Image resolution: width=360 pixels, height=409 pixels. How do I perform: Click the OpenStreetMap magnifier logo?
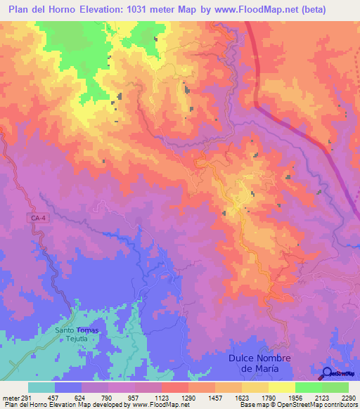[x=328, y=373]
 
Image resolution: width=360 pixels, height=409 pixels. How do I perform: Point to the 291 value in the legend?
[x=28, y=396]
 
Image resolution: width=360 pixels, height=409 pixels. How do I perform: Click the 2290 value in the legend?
[x=348, y=396]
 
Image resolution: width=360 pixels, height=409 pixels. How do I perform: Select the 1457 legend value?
[x=215, y=396]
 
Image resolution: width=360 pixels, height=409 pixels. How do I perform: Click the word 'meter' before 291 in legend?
[x=11, y=396]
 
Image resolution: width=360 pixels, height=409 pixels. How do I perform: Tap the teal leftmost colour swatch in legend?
[x=41, y=387]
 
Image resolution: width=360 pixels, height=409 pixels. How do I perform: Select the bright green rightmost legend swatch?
[x=335, y=387]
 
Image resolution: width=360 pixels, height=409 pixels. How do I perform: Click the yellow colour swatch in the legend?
[x=282, y=387]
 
